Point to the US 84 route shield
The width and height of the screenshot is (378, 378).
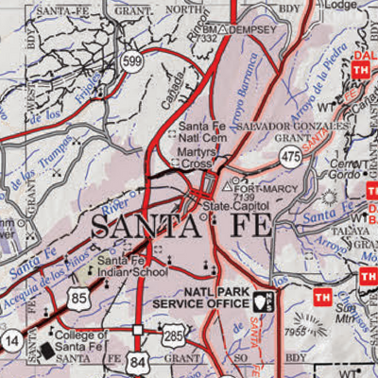tap(141, 364)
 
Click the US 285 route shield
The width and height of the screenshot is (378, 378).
tap(174, 334)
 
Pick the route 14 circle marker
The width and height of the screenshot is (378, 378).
tap(11, 337)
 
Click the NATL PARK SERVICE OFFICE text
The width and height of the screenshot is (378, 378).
tap(215, 300)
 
